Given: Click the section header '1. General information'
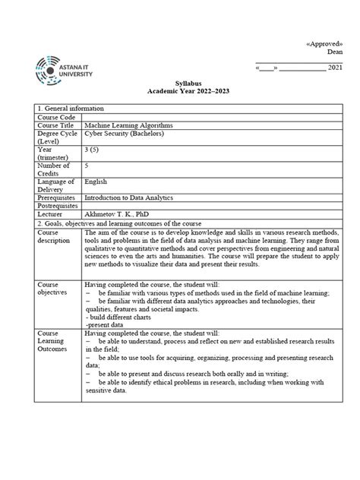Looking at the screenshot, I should (73, 109).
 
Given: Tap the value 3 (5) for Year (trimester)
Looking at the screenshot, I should (93, 150).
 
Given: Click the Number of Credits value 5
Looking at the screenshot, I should (87, 166).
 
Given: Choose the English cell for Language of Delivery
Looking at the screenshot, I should (96, 182).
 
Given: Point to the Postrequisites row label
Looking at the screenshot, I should (58, 206).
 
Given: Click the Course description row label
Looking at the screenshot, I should (52, 235).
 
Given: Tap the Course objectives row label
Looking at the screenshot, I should (54, 289).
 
